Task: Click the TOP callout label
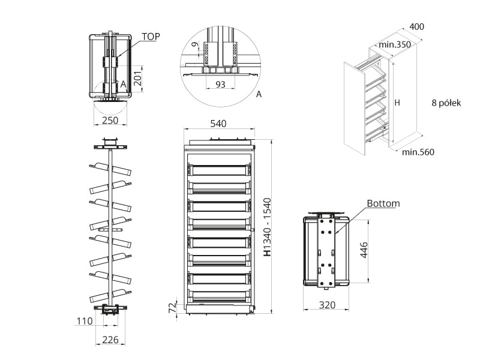151,37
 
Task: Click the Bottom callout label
384,203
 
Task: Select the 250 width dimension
110,120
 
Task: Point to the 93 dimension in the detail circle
220,85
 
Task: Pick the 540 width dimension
218,124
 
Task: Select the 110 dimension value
85,321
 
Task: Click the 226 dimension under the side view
109,340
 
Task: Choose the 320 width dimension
326,305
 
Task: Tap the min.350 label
394,44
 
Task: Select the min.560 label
418,152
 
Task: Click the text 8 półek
445,103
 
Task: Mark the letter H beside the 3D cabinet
397,103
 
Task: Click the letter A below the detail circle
259,95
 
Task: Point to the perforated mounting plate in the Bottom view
327,249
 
